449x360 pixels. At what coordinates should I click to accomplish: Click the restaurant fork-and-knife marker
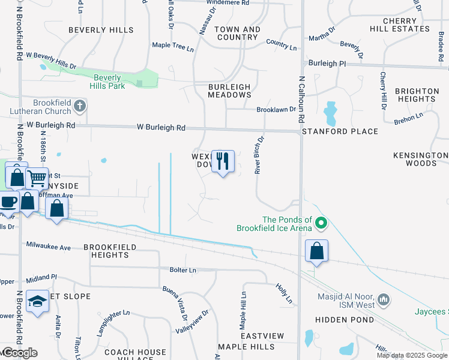[223, 161]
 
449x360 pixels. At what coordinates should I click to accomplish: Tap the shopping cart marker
[37, 178]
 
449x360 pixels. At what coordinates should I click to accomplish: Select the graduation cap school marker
[37, 301]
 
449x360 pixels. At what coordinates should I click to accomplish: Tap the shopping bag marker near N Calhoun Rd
[316, 250]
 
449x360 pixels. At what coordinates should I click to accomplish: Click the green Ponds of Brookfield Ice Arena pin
[321, 224]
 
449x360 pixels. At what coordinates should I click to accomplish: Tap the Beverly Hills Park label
[108, 82]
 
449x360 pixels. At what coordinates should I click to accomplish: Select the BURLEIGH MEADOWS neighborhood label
[229, 91]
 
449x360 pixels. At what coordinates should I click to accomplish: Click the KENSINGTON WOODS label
[421, 159]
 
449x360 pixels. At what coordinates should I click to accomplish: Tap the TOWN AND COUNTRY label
[237, 33]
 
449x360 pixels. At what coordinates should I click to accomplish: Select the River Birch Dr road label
[259, 154]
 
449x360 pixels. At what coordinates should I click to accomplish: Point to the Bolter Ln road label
[184, 271]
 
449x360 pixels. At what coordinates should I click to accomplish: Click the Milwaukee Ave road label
[48, 247]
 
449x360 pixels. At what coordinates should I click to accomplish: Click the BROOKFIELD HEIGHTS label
[110, 251]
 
